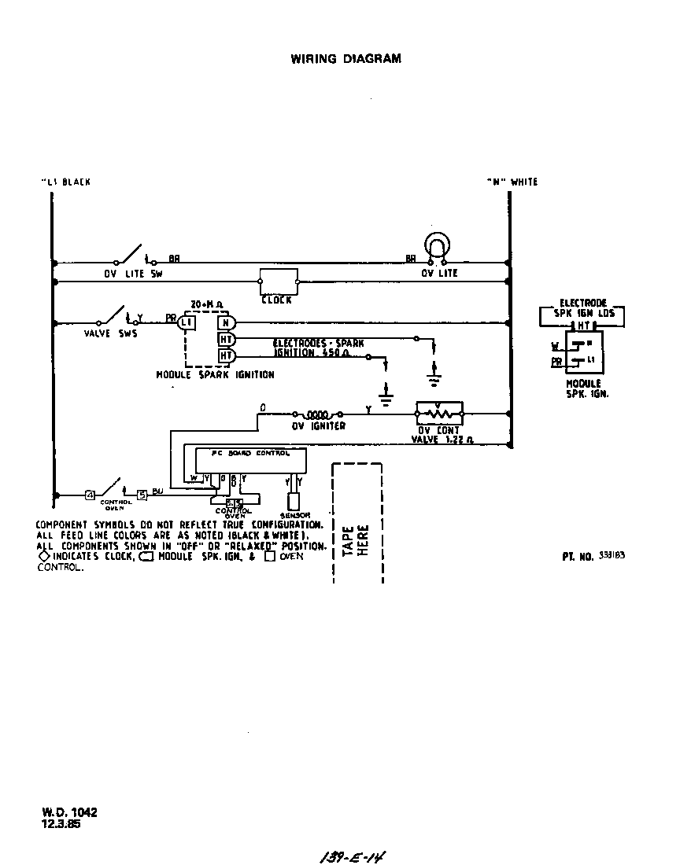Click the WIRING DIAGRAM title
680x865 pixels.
tap(346, 58)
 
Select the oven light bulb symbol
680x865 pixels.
tap(436, 245)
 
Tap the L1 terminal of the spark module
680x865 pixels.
tap(186, 322)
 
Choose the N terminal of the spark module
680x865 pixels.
tap(225, 322)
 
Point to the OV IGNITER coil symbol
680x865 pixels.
tap(320, 414)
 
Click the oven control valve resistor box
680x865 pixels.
tap(439, 412)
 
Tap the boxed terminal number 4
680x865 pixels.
tap(90, 495)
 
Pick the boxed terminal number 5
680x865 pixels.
tap(142, 495)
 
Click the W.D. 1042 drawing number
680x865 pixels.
tap(70, 813)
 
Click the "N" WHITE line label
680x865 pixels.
tap(512, 182)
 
